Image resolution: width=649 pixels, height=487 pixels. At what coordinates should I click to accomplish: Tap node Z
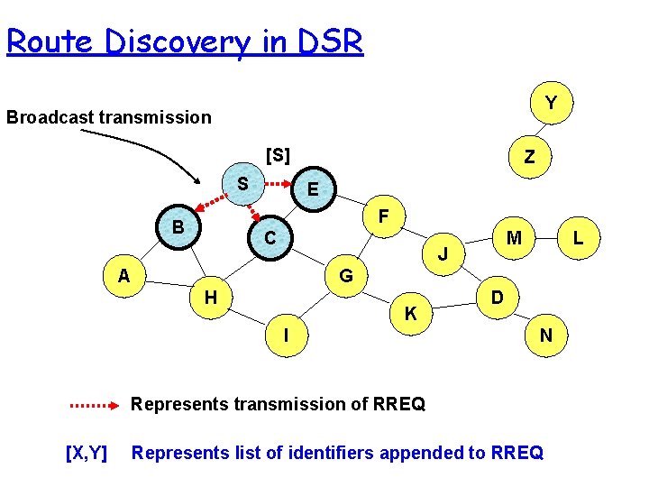pyautogui.click(x=529, y=157)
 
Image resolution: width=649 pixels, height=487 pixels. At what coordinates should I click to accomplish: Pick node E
pyautogui.click(x=312, y=189)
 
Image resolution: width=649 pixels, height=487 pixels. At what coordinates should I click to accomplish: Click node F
pyautogui.click(x=384, y=217)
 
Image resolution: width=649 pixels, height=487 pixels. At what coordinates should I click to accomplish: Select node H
pyautogui.click(x=209, y=297)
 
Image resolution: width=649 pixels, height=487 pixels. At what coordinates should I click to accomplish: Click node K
pyautogui.click(x=410, y=314)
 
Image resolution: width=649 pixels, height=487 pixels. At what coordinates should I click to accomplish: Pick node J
pyautogui.click(x=443, y=253)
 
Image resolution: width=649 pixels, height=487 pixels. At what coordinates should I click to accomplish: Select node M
pyautogui.click(x=514, y=238)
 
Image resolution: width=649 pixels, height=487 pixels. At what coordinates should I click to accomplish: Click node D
pyautogui.click(x=497, y=297)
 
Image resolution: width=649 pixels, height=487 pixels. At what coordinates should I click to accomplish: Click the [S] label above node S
pyautogui.click(x=278, y=155)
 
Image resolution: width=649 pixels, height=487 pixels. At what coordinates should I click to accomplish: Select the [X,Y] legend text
pyautogui.click(x=87, y=453)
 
